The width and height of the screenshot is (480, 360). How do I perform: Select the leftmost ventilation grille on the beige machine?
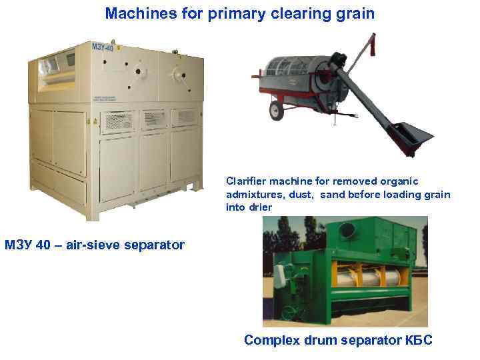(120, 119)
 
